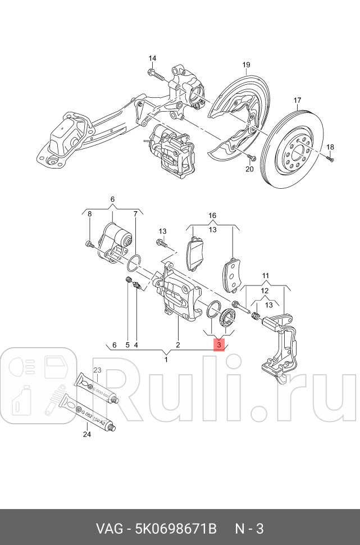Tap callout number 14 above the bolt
(x=153, y=58)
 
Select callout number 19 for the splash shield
(x=246, y=66)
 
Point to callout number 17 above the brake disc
(x=298, y=101)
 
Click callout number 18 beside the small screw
(x=330, y=147)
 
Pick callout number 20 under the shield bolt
(x=250, y=168)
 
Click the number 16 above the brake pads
(x=212, y=216)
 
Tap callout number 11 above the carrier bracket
(x=266, y=275)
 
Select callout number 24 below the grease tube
(x=86, y=433)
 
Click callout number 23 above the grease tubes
(x=97, y=370)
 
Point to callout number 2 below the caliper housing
(x=177, y=345)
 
